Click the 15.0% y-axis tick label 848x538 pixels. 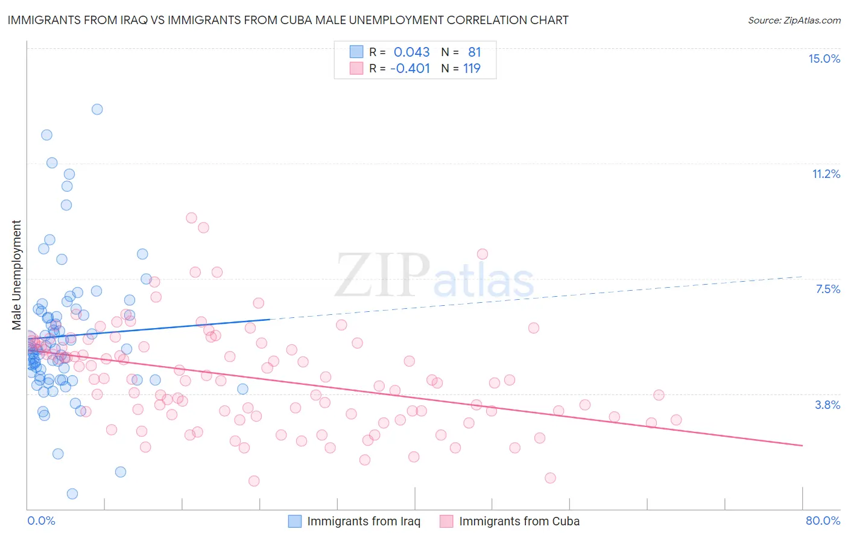pos(824,59)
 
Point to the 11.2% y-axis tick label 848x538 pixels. pos(826,174)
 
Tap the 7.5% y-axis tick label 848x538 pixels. pos(827,289)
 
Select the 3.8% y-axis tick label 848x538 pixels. pos(827,405)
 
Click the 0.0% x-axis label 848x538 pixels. pos(41,521)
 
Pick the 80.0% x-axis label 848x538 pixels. pos(823,521)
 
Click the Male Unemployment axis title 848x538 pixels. pos(17,275)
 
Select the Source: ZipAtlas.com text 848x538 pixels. pos(794,20)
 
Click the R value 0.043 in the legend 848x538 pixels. pos(411,52)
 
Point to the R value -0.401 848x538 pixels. pos(410,69)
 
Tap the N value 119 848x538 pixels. pos(472,69)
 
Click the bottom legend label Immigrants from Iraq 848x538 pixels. pos(363,521)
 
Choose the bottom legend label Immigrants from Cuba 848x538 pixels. pos(519,521)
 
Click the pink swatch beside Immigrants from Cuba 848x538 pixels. pos(446,521)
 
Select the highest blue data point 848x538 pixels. pos(97,109)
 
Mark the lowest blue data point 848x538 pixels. pos(72,493)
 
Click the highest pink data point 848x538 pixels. pos(191,218)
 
